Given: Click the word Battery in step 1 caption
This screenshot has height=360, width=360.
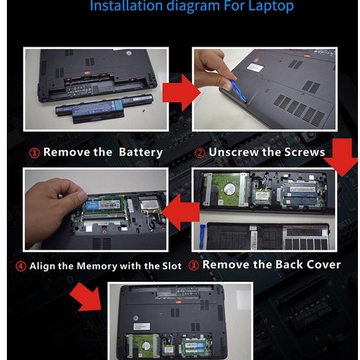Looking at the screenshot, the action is [x=141, y=152].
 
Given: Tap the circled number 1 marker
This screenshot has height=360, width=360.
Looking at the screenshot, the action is [x=34, y=153].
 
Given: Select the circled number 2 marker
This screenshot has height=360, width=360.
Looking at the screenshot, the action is [x=200, y=153].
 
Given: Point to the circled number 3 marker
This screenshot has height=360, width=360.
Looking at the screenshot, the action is [x=193, y=265].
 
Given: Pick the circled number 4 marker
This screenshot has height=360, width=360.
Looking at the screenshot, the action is [x=21, y=266].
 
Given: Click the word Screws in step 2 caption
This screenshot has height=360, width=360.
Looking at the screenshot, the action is [x=304, y=152].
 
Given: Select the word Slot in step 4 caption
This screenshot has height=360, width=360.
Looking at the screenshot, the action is [x=171, y=266].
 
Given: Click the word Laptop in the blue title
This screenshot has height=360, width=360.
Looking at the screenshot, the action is [x=271, y=6].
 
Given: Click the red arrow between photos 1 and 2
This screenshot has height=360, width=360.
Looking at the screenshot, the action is [x=182, y=93].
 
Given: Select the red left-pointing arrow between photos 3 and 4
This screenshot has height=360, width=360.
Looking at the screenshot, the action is [x=180, y=212].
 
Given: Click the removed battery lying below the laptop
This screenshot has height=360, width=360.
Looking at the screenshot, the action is [x=104, y=108].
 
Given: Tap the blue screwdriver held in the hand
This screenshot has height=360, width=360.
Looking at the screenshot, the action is [x=239, y=91].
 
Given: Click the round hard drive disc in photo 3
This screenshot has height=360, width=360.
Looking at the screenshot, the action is [x=230, y=189].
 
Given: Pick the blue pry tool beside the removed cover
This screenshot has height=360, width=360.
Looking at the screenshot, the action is [x=202, y=237].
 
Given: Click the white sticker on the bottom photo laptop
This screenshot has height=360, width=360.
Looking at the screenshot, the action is [x=142, y=326].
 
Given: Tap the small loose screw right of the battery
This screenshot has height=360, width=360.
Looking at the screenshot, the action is [x=143, y=110].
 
